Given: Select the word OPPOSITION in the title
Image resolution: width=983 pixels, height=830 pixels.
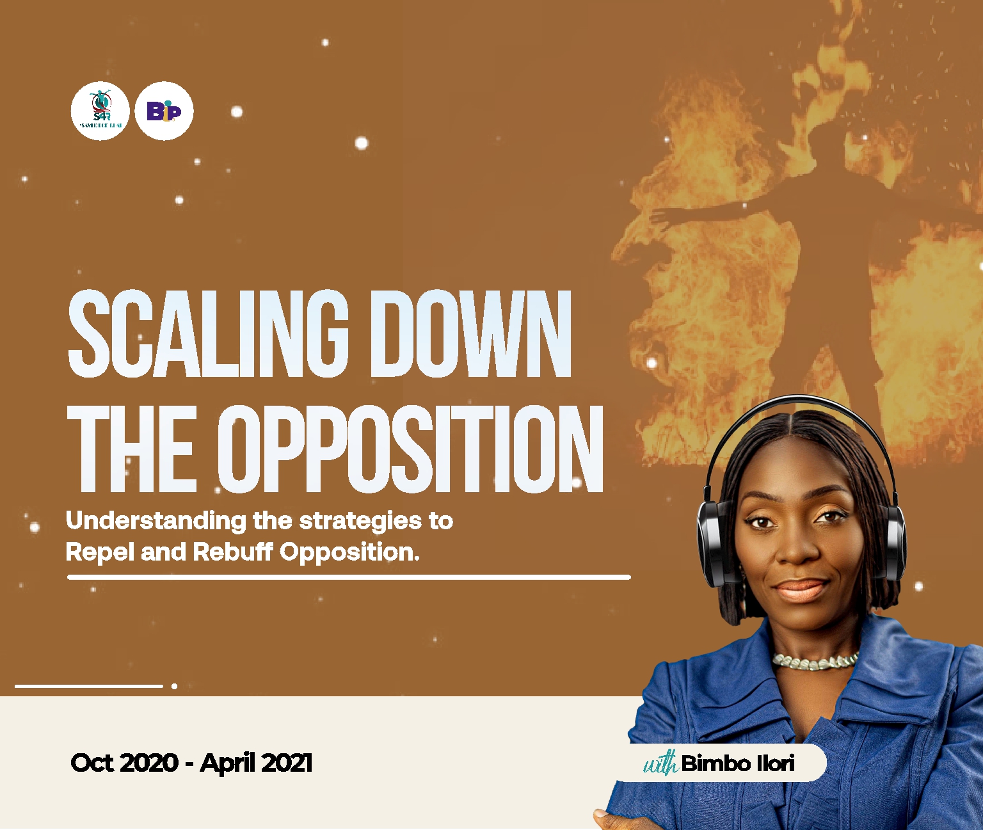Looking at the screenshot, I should (410, 450).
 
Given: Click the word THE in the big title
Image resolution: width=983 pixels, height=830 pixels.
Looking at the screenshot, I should (134, 450).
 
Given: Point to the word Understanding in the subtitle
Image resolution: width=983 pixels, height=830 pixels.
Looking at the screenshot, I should (156, 522).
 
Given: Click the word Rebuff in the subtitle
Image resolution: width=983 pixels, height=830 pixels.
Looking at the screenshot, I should (234, 552).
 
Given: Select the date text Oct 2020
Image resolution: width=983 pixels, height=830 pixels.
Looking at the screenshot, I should (124, 763).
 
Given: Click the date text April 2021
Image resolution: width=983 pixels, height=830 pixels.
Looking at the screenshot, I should (256, 763).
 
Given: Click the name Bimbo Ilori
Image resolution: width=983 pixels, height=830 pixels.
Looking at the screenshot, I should (738, 763).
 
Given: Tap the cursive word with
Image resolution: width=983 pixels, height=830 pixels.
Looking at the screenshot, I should (660, 763).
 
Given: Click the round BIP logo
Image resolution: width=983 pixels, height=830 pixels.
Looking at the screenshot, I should (164, 111).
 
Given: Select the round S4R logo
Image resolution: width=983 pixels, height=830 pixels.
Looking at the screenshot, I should (100, 111).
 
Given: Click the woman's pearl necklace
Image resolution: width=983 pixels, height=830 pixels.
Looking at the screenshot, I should (815, 662).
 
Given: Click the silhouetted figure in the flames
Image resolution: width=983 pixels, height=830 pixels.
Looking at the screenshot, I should (826, 256).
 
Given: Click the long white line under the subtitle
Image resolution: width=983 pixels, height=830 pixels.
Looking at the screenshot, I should (349, 577).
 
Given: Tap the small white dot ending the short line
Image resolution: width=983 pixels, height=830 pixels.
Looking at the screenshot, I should (174, 686).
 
